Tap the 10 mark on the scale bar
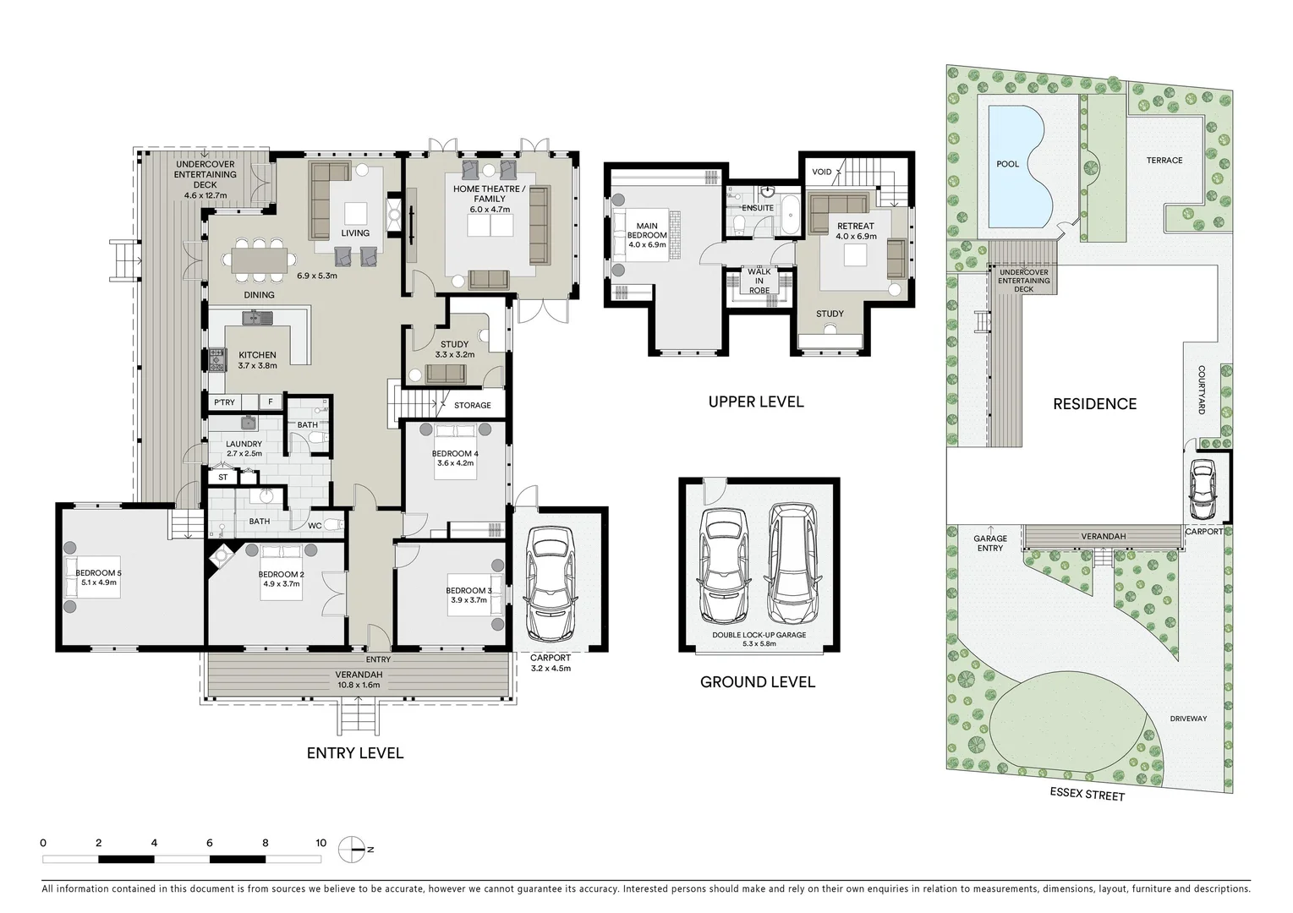pyautogui.click(x=321, y=843)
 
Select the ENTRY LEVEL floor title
pyautogui.click(x=354, y=752)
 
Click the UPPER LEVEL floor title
pyautogui.click(x=755, y=402)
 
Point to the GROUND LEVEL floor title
pyautogui.click(x=757, y=681)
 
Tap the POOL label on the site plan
pyautogui.click(x=1007, y=164)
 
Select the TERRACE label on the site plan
pyautogui.click(x=1164, y=160)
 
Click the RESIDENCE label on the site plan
pyautogui.click(x=1094, y=404)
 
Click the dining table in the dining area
pyautogui.click(x=260, y=260)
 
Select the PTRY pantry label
pyautogui.click(x=224, y=402)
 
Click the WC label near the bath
pyautogui.click(x=314, y=526)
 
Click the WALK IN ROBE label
pyautogui.click(x=759, y=281)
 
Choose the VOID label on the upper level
pyautogui.click(x=821, y=172)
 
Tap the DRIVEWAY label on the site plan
pyautogui.click(x=1188, y=719)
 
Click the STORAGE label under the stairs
pyautogui.click(x=472, y=405)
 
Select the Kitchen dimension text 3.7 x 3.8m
pyautogui.click(x=257, y=366)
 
